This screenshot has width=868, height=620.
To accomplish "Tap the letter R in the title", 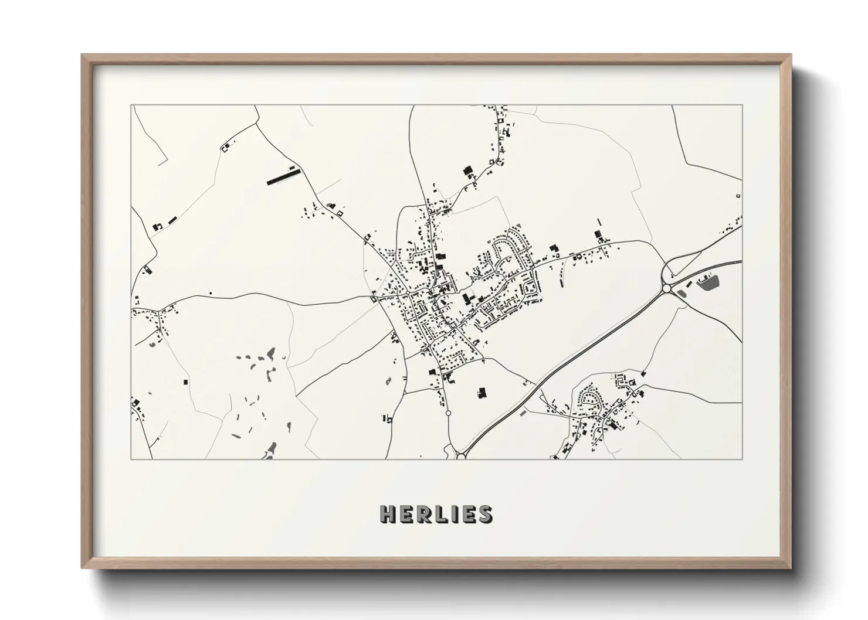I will [425, 513].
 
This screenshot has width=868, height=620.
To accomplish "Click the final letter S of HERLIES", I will [485, 513].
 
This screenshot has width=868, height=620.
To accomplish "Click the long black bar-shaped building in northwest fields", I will [282, 174].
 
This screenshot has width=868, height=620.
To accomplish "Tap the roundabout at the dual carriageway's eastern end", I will [666, 288].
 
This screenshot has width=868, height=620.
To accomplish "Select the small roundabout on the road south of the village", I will [449, 413].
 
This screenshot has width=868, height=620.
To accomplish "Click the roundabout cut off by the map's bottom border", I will [461, 455].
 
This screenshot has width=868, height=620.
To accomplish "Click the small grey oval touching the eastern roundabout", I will [681, 292].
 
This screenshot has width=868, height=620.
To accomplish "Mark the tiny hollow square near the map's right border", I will [737, 196].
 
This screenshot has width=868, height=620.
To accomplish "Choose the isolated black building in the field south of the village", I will [482, 393].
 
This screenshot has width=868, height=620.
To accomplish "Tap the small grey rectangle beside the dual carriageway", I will [523, 412].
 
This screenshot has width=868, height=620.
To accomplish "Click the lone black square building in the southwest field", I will [187, 382].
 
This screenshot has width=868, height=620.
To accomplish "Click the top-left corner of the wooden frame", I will [83, 55].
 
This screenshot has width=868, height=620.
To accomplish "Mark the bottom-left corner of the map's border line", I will [131, 459].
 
